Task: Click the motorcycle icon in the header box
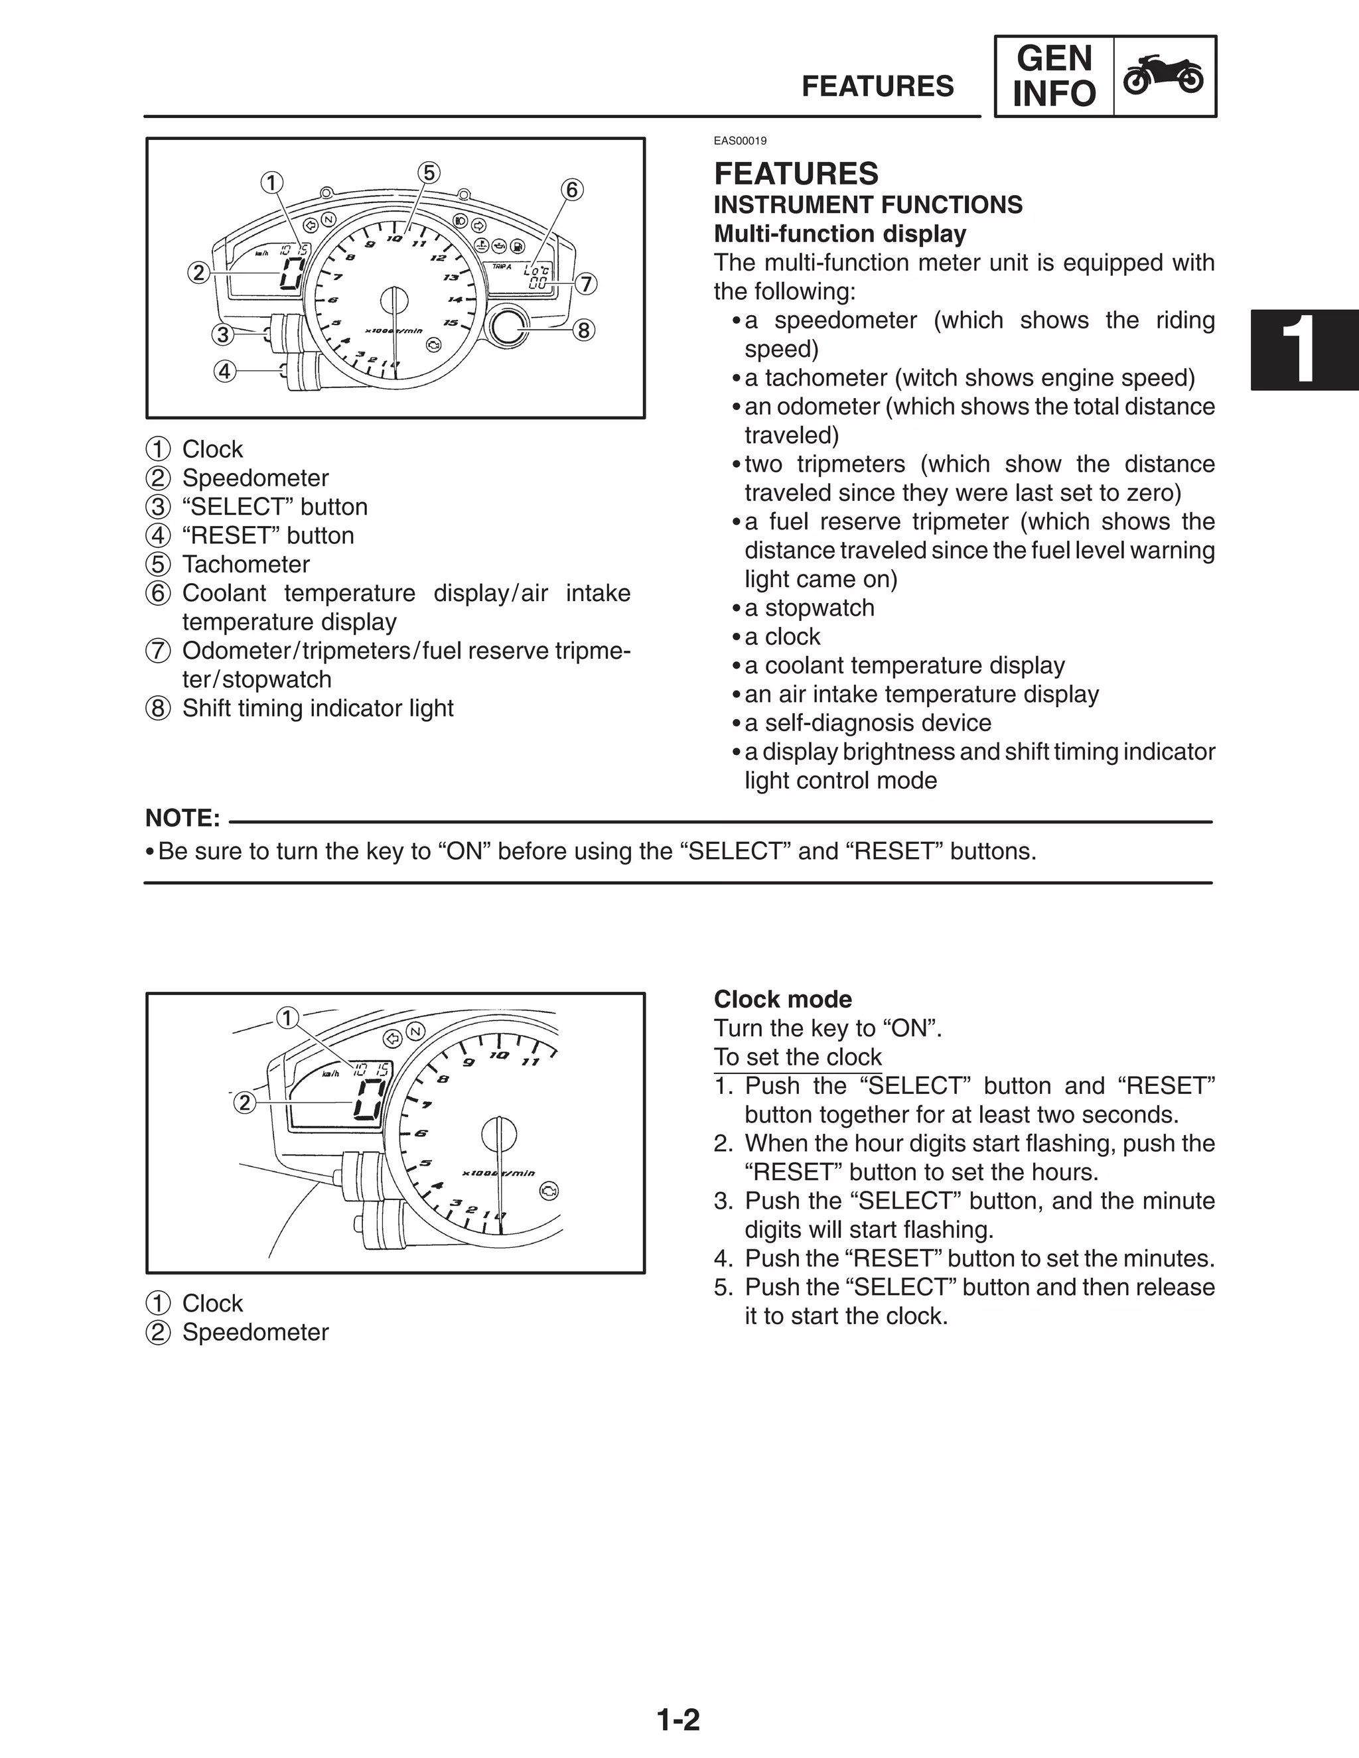coord(1163,76)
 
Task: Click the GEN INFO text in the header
coord(1054,76)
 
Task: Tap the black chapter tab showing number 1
coord(1304,350)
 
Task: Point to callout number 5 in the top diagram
coord(428,172)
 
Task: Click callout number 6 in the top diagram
coord(571,190)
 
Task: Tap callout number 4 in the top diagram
coord(225,371)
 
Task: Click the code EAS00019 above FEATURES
coord(740,141)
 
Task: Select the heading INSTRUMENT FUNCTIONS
coord(868,204)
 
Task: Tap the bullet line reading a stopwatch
coord(808,608)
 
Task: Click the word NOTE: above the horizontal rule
coord(182,818)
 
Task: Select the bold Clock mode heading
coord(782,999)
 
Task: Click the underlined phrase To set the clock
coord(797,1057)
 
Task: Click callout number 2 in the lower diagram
coord(245,1102)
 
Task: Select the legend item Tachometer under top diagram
coord(245,565)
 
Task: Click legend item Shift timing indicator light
coord(317,709)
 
